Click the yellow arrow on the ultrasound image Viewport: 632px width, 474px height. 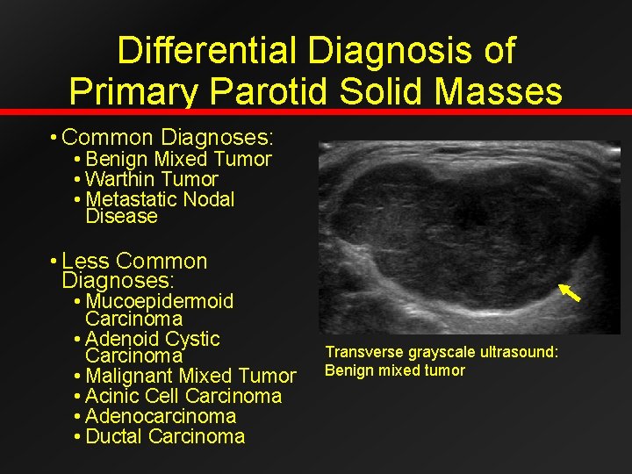click(571, 293)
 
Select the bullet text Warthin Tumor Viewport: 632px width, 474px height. click(152, 179)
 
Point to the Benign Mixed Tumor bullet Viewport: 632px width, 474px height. click(178, 159)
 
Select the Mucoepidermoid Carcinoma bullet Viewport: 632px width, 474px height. click(159, 310)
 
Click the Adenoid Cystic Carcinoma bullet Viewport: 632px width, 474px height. click(152, 347)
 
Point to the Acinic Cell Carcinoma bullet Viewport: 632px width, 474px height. click(183, 396)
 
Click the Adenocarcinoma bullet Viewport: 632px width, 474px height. click(161, 416)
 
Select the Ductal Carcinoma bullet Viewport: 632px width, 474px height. click(165, 436)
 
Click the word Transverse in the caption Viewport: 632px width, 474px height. click(358, 352)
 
